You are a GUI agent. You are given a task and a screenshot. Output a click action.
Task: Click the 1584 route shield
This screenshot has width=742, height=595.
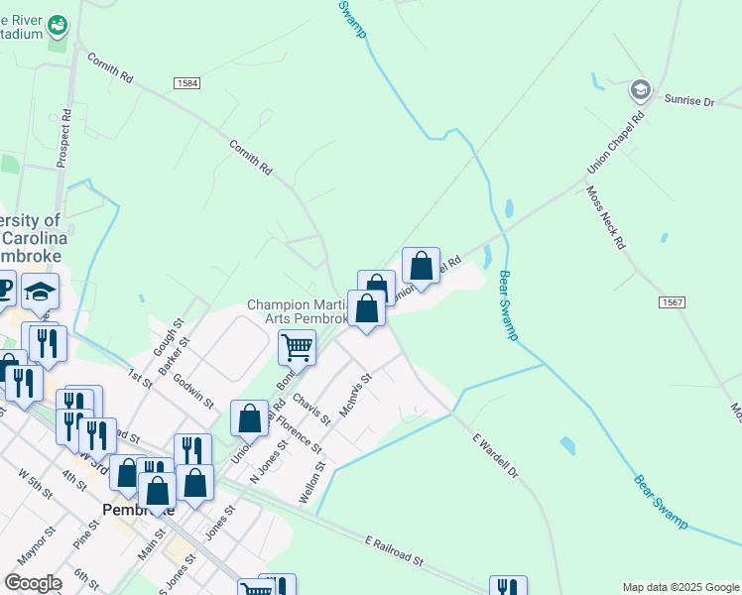coord(187,83)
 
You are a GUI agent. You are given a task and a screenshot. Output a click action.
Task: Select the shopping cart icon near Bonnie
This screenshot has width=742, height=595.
coord(297,348)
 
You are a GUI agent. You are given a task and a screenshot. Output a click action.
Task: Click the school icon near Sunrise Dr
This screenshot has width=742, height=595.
coord(640,91)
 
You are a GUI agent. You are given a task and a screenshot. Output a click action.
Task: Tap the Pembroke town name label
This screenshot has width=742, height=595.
coord(138,510)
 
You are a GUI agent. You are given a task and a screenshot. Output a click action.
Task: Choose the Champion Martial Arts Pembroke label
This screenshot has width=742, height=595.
coord(297,311)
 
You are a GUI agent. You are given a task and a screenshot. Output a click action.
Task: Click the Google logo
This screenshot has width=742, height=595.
coord(32,583)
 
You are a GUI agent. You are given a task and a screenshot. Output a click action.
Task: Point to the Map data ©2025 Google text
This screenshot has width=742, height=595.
coord(680,587)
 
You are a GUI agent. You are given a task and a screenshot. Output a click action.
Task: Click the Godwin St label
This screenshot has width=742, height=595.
coord(193,389)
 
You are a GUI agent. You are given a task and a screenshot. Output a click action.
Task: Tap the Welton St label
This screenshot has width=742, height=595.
coord(310,481)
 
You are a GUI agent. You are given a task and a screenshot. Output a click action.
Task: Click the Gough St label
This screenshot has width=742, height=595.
coord(165,338)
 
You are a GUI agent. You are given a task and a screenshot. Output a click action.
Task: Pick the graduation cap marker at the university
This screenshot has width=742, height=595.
coord(41,292)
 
